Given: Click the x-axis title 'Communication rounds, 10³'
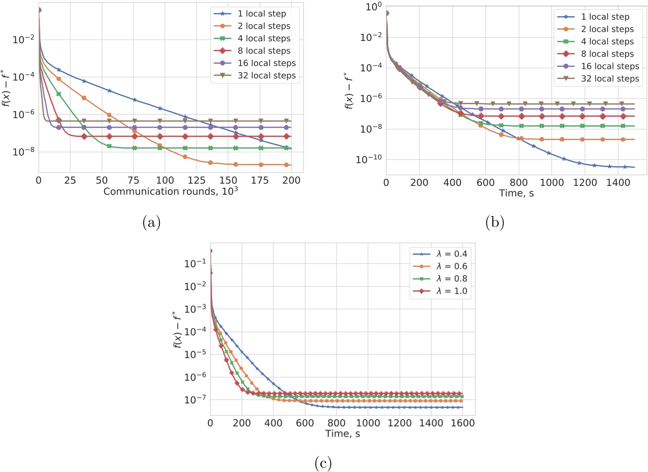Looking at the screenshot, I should click(171, 191).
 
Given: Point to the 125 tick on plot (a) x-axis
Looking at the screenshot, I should click(197, 181).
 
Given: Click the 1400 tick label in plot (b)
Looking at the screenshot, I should click(618, 182).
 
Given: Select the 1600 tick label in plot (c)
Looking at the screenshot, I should click(463, 423).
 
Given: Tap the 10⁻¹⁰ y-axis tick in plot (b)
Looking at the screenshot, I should click(368, 159).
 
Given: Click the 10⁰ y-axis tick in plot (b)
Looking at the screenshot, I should click(373, 7).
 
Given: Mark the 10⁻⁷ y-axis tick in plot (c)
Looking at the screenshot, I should click(195, 399).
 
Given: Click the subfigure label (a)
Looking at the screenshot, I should click(151, 222).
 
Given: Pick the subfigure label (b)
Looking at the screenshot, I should click(495, 222).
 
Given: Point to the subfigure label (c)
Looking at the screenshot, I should click(323, 463).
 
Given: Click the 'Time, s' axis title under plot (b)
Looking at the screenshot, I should click(516, 193).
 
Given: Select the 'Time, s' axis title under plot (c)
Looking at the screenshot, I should click(342, 433).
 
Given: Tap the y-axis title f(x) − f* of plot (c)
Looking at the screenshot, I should click(178, 329).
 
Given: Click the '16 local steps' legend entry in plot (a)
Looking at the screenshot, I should click(267, 63).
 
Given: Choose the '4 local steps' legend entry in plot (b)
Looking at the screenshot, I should click(607, 41).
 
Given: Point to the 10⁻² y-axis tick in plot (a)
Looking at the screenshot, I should click(23, 40).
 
